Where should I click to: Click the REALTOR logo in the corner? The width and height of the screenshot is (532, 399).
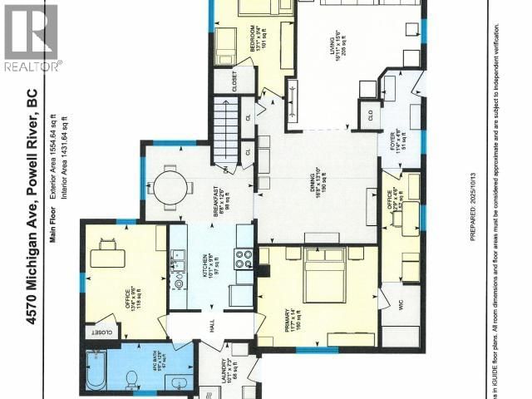(x=31, y=37)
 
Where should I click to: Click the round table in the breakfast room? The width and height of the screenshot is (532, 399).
(x=170, y=185)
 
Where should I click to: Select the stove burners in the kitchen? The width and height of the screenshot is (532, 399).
(x=244, y=259)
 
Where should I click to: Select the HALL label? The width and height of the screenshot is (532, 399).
(x=212, y=328)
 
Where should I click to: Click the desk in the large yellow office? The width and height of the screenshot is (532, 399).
(x=106, y=255)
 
